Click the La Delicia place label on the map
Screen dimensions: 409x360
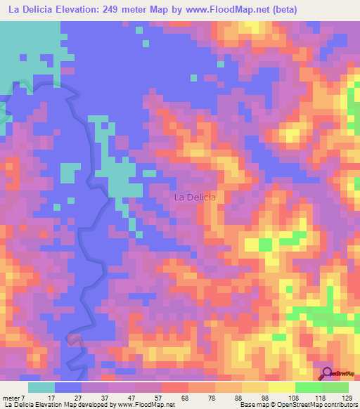(194, 197)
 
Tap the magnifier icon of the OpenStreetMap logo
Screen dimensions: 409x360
(328, 374)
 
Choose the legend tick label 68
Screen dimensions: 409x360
(165, 398)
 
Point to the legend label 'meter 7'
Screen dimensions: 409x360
(15, 398)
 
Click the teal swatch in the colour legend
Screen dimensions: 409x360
(41, 387)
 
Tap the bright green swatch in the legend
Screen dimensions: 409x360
(308, 387)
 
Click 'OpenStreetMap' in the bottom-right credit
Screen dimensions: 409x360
(310, 405)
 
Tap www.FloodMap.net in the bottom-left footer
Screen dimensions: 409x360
(146, 405)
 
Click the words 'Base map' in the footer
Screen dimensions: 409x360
(252, 405)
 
